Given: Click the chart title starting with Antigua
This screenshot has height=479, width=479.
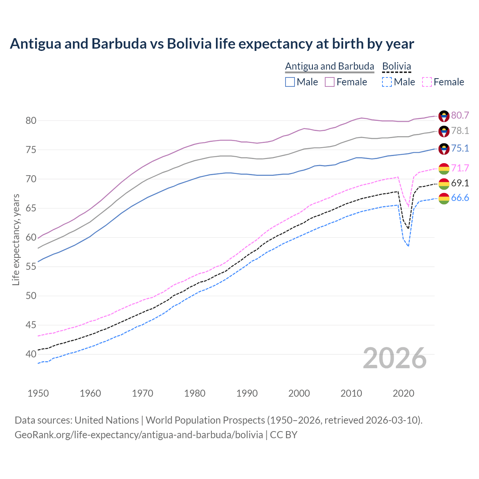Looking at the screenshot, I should pos(212,44).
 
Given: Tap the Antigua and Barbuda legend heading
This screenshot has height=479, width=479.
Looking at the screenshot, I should pos(329,66).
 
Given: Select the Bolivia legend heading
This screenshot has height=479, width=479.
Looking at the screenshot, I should pos(396,66).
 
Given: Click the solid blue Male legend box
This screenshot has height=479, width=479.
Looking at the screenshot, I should pos(290,82).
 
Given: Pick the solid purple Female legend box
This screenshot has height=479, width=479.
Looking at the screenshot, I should pos(330,82).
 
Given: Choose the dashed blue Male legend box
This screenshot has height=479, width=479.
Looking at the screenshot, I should pos(387,82).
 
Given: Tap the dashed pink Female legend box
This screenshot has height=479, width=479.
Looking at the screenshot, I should pos(427,82).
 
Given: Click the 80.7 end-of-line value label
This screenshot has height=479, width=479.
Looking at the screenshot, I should pos(460,115).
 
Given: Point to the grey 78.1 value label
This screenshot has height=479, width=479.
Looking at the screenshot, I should pos(460,131).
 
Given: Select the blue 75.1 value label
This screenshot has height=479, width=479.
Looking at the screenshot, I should pos(460,148).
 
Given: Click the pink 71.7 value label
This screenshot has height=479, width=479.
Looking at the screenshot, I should pos(460,168).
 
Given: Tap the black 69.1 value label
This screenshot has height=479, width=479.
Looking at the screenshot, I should pos(460,183).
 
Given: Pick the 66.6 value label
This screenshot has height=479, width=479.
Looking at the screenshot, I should pos(460,198).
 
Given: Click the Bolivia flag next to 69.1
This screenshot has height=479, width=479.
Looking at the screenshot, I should pos(444,184).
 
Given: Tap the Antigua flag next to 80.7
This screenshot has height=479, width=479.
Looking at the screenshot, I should pos(444,116).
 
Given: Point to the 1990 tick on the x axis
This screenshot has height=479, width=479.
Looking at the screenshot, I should pos(247,393).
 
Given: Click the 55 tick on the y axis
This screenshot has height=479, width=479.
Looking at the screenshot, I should pos(31,266).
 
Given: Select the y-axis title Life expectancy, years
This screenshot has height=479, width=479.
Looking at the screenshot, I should pos(16,239).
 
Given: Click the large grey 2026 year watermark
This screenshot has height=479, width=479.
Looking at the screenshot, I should pos(395,358).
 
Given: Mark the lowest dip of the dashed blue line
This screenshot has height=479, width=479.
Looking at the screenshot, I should pos(408,246).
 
